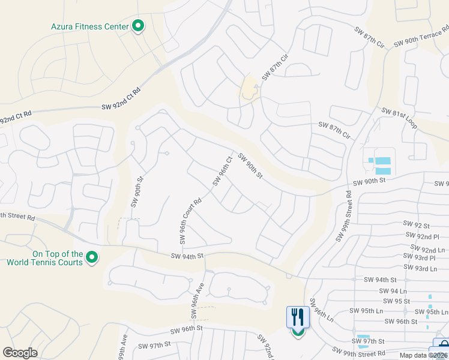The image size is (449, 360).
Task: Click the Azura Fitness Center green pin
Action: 138,26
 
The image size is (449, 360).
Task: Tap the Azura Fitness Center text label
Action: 89,26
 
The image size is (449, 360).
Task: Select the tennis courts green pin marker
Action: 92,258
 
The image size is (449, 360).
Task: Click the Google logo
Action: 20,353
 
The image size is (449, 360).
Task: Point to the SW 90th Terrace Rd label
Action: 421,36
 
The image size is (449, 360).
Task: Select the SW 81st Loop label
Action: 400,118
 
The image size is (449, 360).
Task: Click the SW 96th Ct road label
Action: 221,170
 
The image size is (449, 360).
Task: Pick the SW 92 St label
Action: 418,226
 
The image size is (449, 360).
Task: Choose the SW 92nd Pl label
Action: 422,236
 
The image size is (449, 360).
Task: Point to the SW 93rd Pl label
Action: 427,258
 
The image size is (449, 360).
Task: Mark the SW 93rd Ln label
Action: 430,268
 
